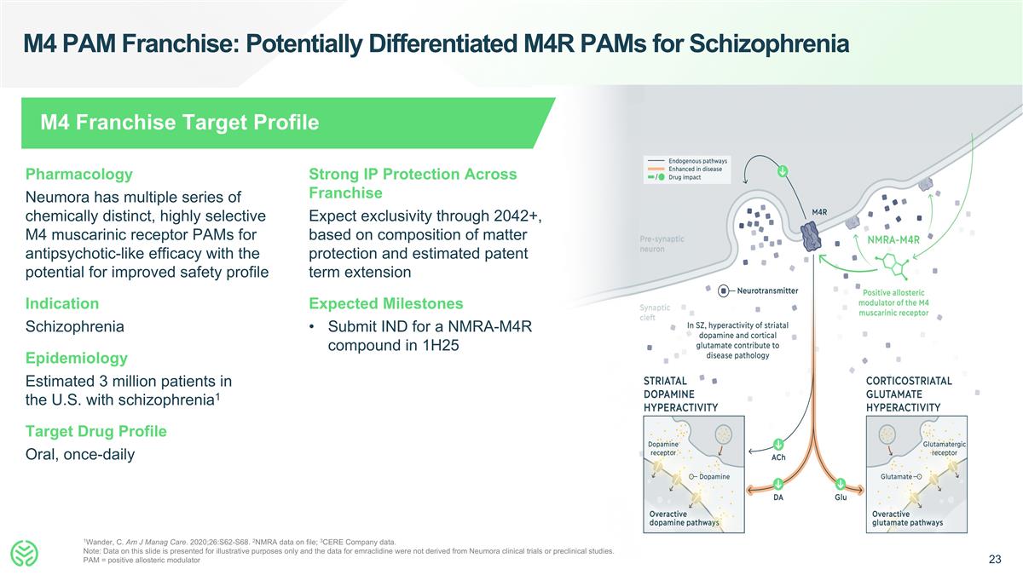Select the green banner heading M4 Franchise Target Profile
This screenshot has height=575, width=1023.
180,123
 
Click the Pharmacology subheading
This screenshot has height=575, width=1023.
79,174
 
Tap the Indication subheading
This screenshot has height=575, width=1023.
62,303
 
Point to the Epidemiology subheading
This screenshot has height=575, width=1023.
77,358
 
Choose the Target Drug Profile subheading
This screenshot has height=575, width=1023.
96,431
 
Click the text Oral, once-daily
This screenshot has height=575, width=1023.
80,454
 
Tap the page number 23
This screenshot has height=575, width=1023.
994,560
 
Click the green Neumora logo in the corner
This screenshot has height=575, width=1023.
26,554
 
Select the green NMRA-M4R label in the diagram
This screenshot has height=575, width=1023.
893,239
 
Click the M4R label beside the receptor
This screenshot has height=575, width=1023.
820,212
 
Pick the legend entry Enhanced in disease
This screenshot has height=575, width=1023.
695,169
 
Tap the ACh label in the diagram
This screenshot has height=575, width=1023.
778,458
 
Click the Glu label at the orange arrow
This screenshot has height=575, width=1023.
841,497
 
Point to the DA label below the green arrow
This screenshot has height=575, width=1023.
778,497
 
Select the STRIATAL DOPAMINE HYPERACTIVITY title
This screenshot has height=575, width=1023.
679,394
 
